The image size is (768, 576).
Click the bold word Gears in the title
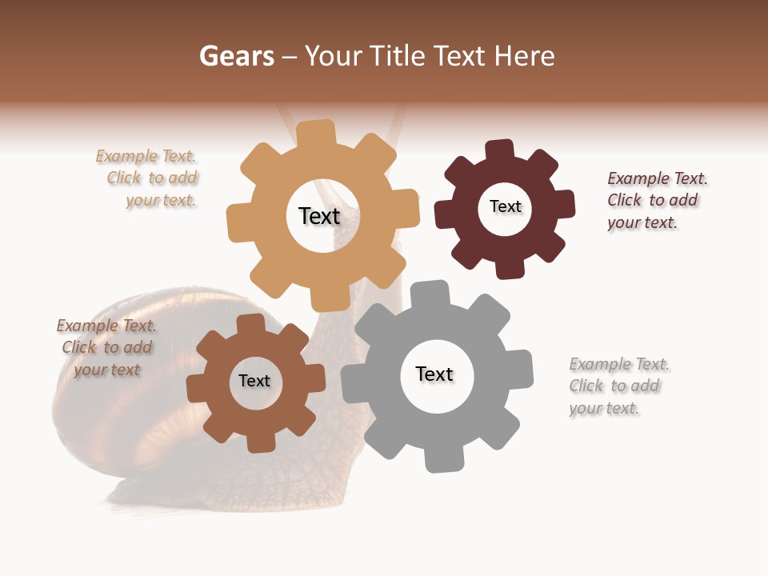[x=236, y=56]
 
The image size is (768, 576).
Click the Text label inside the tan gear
[x=319, y=216]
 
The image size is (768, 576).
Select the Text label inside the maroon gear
[x=505, y=206]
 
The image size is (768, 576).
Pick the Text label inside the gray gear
[x=434, y=374]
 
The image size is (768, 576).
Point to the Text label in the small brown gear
[x=254, y=381]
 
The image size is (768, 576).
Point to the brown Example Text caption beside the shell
[x=106, y=348]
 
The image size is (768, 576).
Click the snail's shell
[x=120, y=400]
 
